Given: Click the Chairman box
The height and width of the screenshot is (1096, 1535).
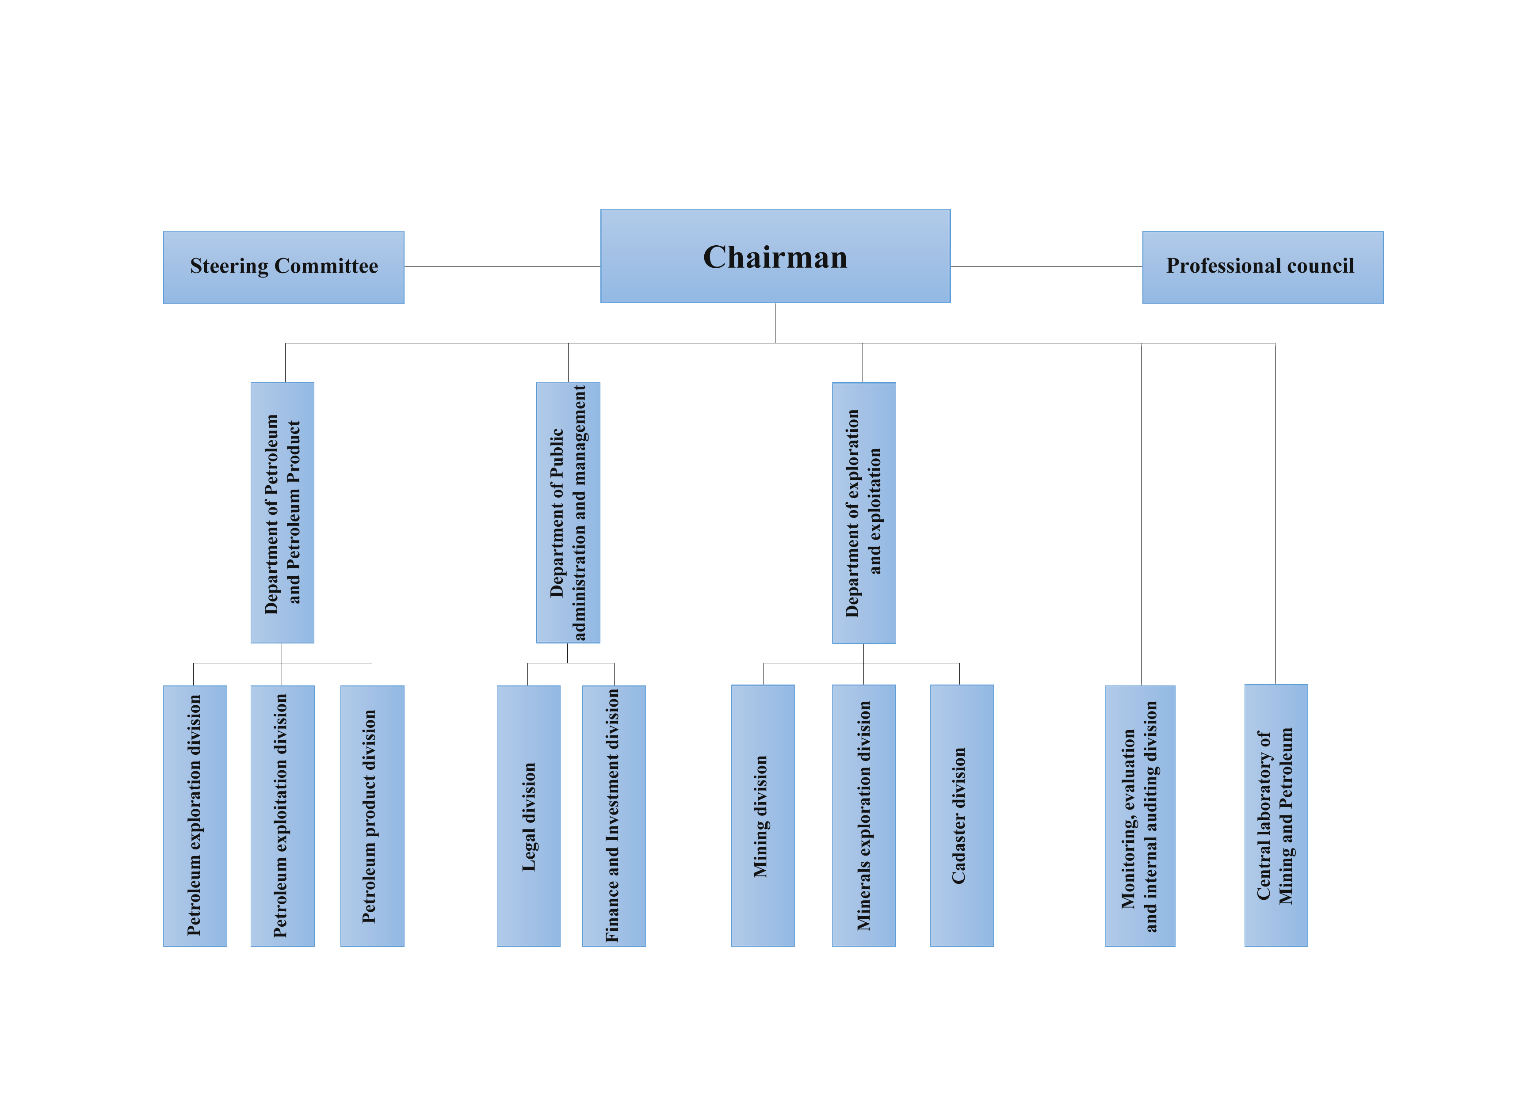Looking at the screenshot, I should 775,256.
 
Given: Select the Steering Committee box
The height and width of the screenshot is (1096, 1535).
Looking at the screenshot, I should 283,267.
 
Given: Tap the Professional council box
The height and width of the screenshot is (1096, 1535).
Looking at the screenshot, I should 1262,267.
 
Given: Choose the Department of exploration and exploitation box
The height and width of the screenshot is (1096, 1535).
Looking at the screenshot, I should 863,513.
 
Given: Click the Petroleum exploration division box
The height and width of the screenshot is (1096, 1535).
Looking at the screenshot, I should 195,815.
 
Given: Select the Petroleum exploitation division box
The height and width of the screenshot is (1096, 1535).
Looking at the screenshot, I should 282,815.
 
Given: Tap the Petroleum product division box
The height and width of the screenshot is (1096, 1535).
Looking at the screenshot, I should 372,815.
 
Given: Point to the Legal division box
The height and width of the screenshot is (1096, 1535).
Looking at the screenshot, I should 529,815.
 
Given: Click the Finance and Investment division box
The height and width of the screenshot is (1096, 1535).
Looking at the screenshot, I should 614,815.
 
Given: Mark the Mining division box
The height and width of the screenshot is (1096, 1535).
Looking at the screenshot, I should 762,815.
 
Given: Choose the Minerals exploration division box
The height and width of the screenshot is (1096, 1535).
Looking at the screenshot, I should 863,815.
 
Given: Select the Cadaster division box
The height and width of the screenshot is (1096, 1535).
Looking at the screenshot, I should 961,815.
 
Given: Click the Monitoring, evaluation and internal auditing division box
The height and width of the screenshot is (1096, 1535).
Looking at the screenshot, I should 1139,815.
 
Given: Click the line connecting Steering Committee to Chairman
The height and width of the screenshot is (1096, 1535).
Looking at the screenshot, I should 502,266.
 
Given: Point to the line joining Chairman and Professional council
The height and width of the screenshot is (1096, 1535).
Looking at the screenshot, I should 1046,266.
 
